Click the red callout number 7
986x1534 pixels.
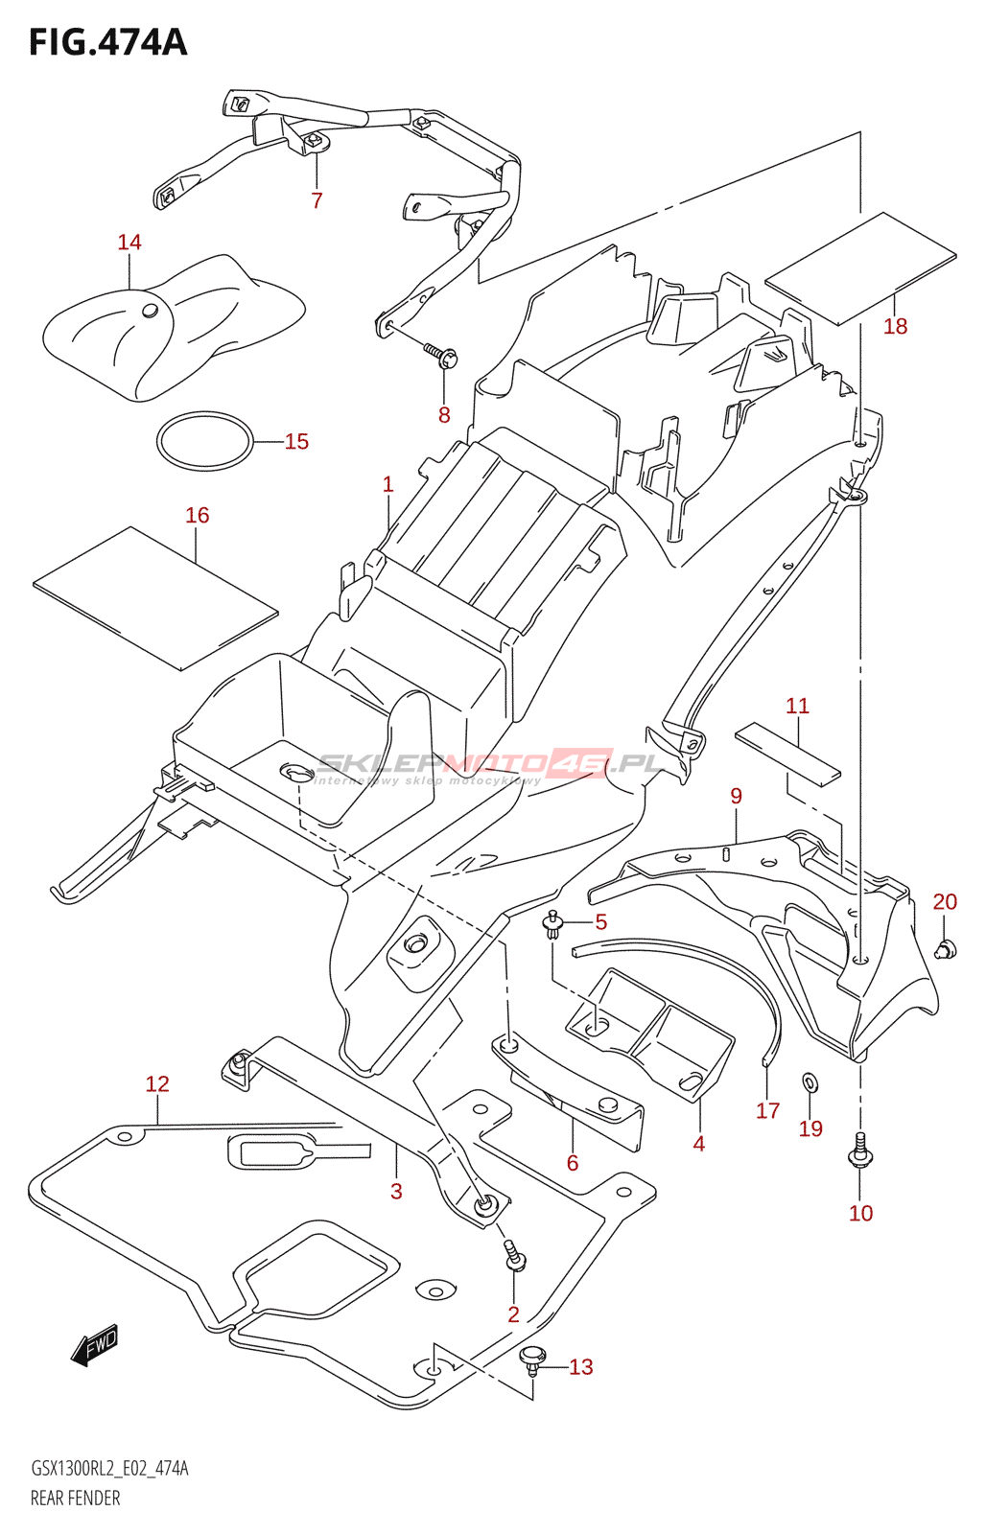317,200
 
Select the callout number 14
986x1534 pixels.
129,242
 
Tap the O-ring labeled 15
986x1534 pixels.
205,441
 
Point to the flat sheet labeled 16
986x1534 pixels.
155,598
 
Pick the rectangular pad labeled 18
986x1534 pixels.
860,267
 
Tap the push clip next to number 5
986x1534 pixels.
552,925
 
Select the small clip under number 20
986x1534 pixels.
946,948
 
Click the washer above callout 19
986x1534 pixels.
810,1082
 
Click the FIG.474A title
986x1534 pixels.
107,41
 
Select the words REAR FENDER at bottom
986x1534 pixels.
76,1512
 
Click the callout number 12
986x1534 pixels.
157,1083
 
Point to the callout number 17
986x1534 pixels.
768,1110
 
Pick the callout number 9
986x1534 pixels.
736,796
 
